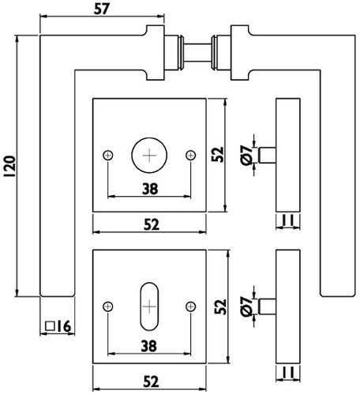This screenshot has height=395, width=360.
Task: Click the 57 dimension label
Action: tap(101, 9)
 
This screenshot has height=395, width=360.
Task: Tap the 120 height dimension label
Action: tap(10, 167)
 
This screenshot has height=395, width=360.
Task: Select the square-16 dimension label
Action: tap(58, 326)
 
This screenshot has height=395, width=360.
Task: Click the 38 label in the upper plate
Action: tap(150, 189)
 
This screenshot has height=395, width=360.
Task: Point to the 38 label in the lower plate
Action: tap(149, 346)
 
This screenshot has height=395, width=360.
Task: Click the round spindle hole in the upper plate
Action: tap(149, 155)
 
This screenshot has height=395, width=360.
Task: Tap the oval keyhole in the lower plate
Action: tap(149, 307)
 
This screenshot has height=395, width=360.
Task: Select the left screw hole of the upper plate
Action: tap(108, 156)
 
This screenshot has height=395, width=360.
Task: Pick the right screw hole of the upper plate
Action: tap(191, 155)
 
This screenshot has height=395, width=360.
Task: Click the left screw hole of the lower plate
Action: tap(108, 307)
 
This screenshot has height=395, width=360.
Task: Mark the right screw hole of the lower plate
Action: tap(191, 307)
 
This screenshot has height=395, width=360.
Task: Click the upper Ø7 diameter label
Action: tap(246, 156)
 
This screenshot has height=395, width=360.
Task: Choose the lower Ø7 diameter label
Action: tap(246, 307)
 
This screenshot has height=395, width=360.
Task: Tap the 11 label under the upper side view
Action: tap(288, 220)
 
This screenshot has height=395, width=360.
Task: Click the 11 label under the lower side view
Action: tap(288, 372)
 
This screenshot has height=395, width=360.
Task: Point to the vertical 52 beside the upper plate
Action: tap(218, 155)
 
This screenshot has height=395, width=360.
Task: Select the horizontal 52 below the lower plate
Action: tap(152, 382)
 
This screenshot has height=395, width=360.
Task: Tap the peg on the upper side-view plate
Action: tap(268, 155)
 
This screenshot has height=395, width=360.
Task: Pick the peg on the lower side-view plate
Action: tap(268, 307)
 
